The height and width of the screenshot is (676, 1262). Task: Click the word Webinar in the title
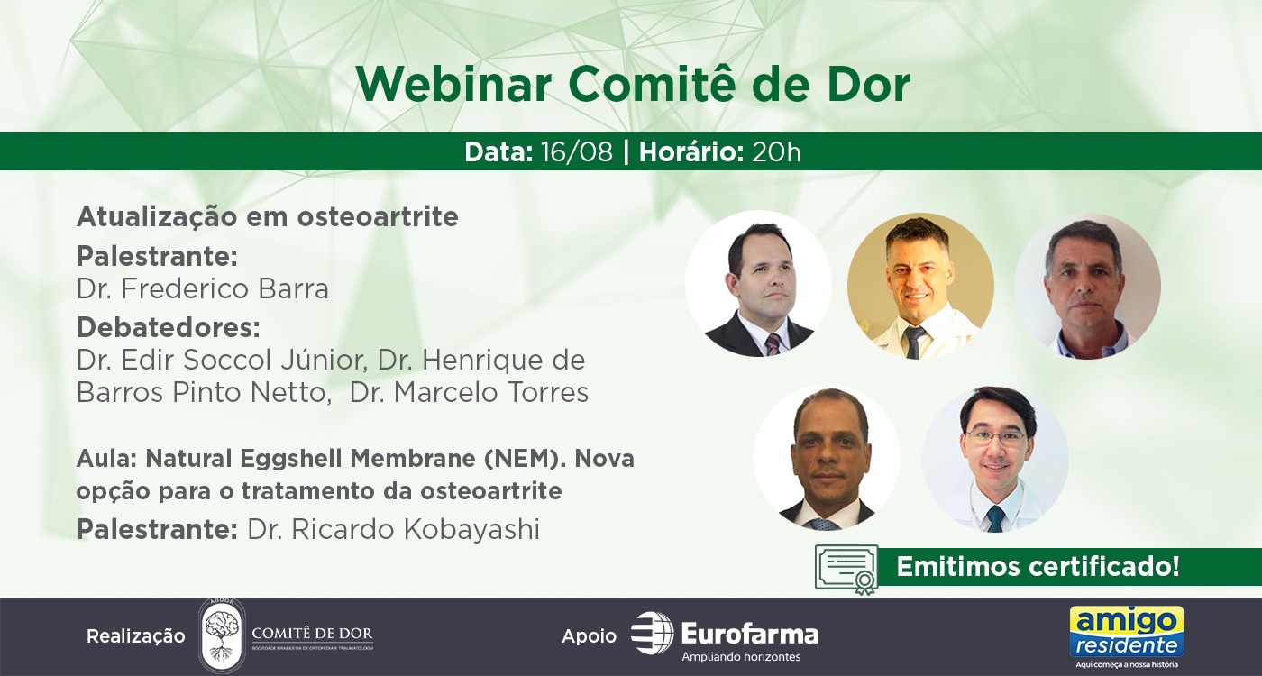tap(453, 85)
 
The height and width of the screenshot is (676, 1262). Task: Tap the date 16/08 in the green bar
tap(576, 152)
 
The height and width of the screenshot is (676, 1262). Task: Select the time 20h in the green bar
tap(776, 152)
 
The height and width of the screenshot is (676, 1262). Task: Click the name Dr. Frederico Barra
tap(203, 289)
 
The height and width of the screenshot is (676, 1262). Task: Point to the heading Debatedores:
tap(169, 328)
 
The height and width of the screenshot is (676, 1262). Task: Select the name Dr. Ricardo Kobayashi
tap(393, 530)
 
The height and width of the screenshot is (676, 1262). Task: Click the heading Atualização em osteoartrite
tap(268, 217)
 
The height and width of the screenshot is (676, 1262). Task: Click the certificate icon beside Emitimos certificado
tap(846, 570)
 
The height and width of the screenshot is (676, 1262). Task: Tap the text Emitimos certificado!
tap(1038, 566)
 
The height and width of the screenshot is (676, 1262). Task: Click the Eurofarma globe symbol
tap(652, 633)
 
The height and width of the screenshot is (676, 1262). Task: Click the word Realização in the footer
tap(136, 636)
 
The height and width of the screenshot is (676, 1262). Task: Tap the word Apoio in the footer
tap(589, 636)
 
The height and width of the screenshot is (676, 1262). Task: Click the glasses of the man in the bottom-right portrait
tap(995, 436)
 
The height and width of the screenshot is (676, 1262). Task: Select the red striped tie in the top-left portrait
tap(773, 344)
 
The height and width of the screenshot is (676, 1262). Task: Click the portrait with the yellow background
tap(920, 287)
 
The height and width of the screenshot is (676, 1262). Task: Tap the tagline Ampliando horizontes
tap(741, 657)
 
